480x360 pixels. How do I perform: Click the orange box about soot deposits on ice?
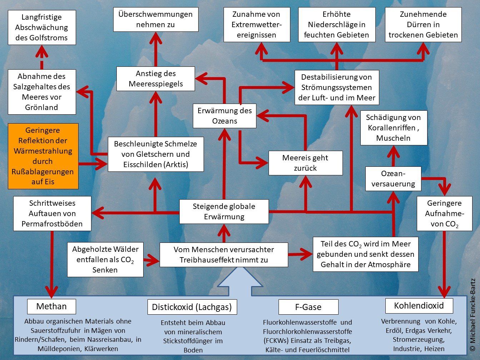tap(42, 156)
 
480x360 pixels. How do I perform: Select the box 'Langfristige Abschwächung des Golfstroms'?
tap(42, 27)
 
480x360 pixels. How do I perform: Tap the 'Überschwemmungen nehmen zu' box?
tap(156, 20)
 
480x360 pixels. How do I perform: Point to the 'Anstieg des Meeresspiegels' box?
tap(156, 79)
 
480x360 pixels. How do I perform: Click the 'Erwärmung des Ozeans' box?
tap(224, 116)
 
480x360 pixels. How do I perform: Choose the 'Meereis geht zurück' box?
tap(305, 163)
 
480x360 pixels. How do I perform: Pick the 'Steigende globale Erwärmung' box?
tap(224, 211)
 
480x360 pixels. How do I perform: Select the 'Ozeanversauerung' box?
tap(393, 179)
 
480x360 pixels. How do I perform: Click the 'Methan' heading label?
tap(51, 306)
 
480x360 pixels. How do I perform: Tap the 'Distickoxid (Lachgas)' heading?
tap(192, 307)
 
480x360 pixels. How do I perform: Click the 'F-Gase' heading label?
tap(308, 307)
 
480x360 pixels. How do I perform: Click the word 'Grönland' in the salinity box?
tap(42, 107)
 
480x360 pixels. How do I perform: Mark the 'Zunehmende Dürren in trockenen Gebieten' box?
tap(423, 25)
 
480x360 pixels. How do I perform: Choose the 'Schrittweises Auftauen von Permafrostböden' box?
tap(52, 214)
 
